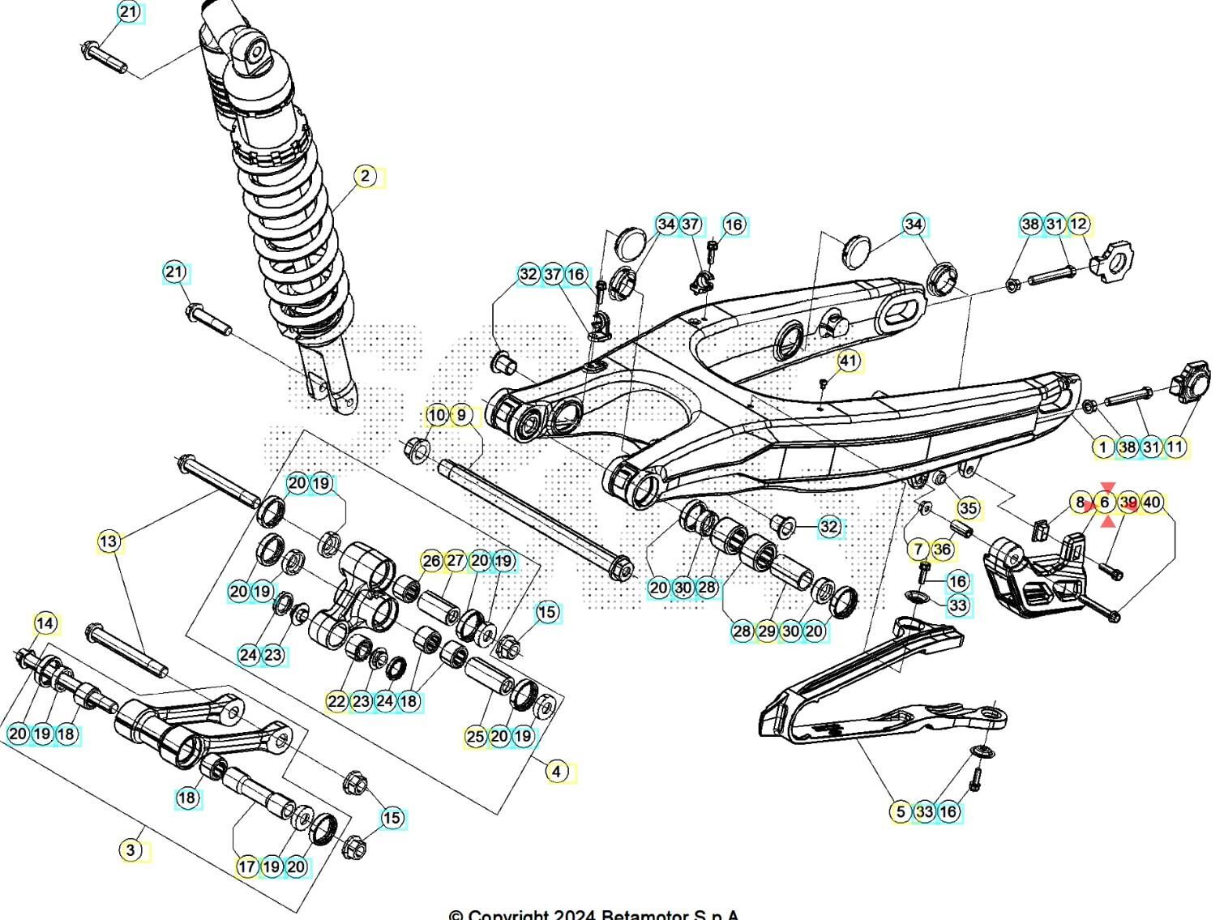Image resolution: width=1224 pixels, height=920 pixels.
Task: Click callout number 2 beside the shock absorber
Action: click(366, 176)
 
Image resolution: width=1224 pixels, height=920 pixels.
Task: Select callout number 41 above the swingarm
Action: click(848, 361)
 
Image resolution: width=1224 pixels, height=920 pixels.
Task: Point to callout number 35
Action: click(969, 508)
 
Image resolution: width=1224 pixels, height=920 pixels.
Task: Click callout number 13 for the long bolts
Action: click(109, 541)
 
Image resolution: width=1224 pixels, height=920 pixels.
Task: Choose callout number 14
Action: click(46, 623)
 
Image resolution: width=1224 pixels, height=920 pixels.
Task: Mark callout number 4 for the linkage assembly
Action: click(556, 771)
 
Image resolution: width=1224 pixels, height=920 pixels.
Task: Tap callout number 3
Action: click(131, 850)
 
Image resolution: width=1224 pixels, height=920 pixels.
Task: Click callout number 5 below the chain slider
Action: click(901, 811)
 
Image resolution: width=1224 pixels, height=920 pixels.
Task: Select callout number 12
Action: click(1078, 224)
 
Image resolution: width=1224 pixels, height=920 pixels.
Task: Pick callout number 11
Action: click(1175, 446)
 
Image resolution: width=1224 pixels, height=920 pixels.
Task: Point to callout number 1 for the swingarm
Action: click(1102, 446)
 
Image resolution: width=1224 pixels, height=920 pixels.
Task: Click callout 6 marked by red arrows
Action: click(1104, 503)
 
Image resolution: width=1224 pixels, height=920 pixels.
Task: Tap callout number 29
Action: click(767, 631)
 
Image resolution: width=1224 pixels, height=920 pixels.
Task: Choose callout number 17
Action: click(247, 866)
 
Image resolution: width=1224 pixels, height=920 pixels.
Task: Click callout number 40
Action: click(1152, 503)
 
